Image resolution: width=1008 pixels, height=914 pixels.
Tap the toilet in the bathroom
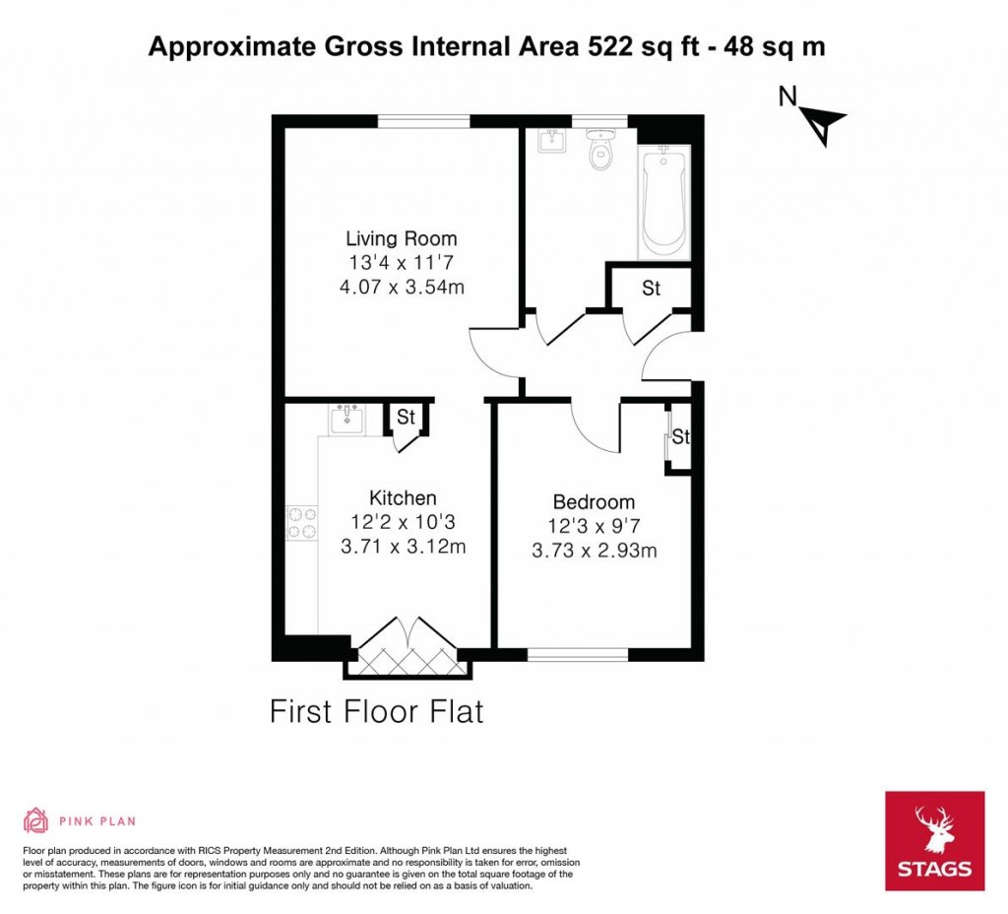pos(598,152)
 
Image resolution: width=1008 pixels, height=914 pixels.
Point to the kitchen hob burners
pos(301,522)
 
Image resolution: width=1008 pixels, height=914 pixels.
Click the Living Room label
pos(401,238)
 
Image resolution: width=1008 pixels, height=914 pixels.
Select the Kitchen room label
pos(403,497)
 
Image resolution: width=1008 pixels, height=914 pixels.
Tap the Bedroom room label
pos(594,502)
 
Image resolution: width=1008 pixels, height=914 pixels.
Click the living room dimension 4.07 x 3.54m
pos(401,288)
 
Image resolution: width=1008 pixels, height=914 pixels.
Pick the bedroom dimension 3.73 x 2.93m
pos(594,552)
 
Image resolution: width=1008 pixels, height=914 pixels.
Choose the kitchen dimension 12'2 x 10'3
pos(403,522)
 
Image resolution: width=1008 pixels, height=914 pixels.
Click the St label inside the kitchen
pos(406,418)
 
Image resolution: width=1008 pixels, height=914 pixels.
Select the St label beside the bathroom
pos(651,289)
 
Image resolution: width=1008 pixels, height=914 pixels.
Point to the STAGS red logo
pos(934,840)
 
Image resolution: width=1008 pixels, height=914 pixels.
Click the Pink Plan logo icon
pos(35,819)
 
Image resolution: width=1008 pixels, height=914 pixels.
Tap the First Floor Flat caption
pos(377,711)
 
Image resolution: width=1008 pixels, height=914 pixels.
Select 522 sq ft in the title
pos(655,46)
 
